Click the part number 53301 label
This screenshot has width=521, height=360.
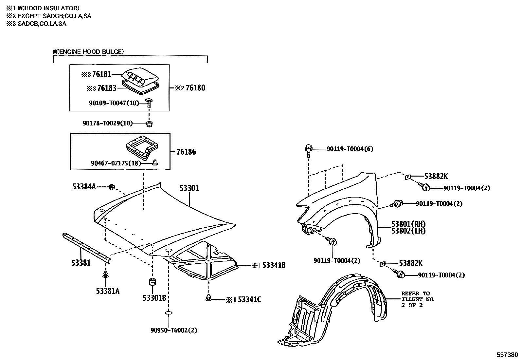189,188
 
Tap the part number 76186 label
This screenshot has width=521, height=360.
186,152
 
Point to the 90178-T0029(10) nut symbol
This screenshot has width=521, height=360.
149,123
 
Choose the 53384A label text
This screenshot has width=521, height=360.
84,186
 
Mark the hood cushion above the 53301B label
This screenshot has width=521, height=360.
153,282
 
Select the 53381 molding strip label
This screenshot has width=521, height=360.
81,263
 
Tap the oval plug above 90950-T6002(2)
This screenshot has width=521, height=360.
169,313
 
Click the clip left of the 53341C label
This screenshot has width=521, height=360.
209,297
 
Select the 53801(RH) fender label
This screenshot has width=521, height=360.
408,224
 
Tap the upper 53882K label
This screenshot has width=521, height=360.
436,176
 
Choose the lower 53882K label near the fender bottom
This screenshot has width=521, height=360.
411,263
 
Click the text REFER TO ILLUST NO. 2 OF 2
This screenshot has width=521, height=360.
418,299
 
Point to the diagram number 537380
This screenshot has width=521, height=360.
507,354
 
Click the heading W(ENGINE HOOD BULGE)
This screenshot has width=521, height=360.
88,51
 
